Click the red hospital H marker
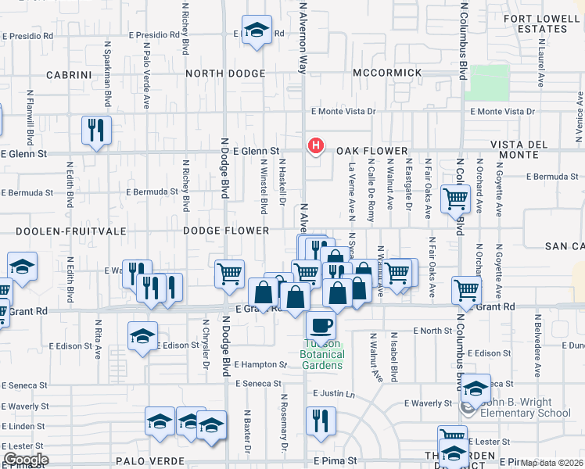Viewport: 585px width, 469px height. coord(316,145)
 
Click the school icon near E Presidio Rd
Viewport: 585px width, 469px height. coord(256,30)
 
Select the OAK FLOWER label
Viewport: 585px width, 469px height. coord(372,151)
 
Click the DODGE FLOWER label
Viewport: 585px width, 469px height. coord(226,231)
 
